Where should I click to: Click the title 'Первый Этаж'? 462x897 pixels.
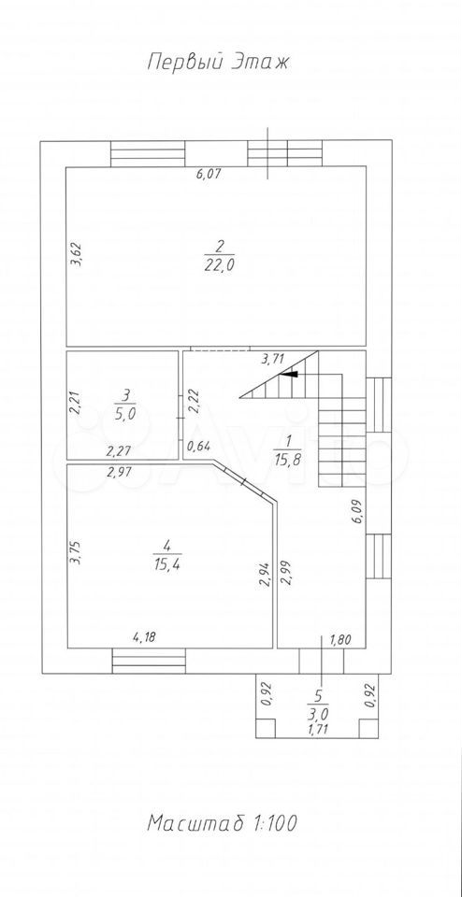pos(218,62)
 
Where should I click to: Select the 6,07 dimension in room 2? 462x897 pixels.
pos(209,175)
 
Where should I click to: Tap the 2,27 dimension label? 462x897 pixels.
pos(119,451)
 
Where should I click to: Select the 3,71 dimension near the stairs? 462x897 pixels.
pos(273,361)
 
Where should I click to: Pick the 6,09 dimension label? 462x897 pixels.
pos(358,511)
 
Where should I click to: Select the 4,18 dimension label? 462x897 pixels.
pos(145,636)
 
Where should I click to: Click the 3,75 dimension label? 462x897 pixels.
pos(75,553)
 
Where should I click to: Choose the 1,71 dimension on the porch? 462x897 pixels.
pos(320,728)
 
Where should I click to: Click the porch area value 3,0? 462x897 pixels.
pos(320,715)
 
